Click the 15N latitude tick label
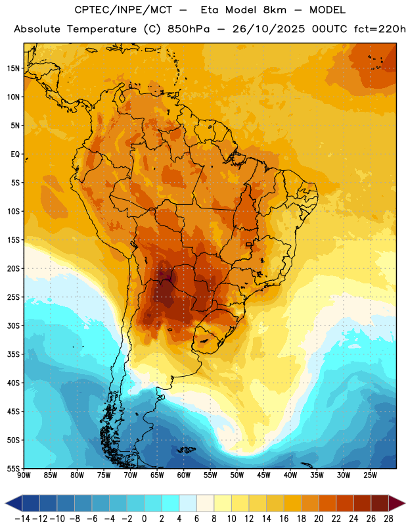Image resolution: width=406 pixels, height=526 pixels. (x=13, y=68)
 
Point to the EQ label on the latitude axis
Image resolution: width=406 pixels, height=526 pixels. (x=15, y=155)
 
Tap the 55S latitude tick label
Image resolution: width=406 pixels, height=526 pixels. (x=13, y=468)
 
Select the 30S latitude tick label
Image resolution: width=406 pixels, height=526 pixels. (x=13, y=325)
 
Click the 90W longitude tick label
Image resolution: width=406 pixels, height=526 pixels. (x=24, y=475)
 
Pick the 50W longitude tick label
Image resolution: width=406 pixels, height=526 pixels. (x=237, y=475)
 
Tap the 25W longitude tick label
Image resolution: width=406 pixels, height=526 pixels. (x=370, y=475)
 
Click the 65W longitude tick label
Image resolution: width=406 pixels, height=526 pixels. (x=157, y=475)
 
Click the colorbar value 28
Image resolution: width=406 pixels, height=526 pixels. (x=388, y=519)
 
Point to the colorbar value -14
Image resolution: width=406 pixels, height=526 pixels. (x=22, y=519)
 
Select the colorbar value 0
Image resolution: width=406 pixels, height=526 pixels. (x=144, y=519)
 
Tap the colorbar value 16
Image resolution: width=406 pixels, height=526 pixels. (x=284, y=519)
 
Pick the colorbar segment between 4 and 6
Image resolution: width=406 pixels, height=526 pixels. (x=188, y=503)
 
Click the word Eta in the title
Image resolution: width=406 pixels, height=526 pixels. (x=210, y=10)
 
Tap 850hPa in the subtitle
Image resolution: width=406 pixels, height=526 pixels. (x=189, y=29)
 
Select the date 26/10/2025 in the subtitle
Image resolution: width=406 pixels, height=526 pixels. (x=269, y=29)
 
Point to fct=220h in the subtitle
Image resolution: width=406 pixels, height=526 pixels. (x=380, y=29)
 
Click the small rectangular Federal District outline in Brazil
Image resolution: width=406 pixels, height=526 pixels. (x=249, y=244)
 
